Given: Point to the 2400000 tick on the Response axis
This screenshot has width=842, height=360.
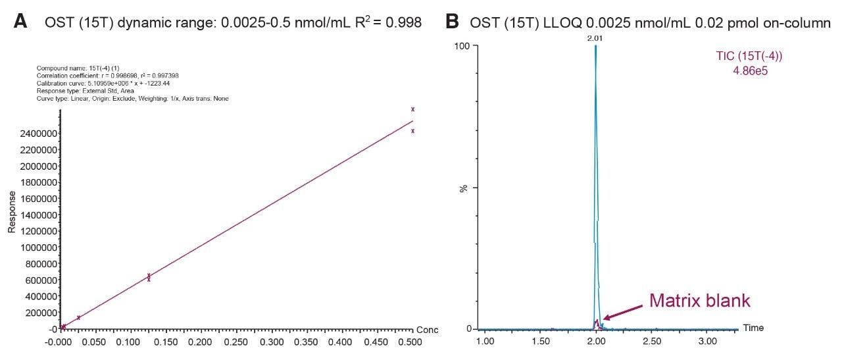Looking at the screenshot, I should coord(35,134).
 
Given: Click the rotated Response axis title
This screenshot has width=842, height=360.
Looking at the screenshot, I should coord(11,212).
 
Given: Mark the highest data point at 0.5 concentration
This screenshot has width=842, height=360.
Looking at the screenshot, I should coord(412,109).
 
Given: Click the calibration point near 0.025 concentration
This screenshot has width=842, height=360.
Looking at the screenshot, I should coord(79,317).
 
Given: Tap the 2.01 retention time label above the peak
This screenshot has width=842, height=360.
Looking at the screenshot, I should coord(595,38).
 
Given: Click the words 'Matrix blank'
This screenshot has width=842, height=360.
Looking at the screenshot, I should coord(699,301).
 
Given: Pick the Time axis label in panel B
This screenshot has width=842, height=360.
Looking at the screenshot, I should coord(753,328).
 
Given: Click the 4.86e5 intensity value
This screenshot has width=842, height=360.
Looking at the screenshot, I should coord(750,69).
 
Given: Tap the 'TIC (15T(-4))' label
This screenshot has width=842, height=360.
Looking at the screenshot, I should coord(749,56).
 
